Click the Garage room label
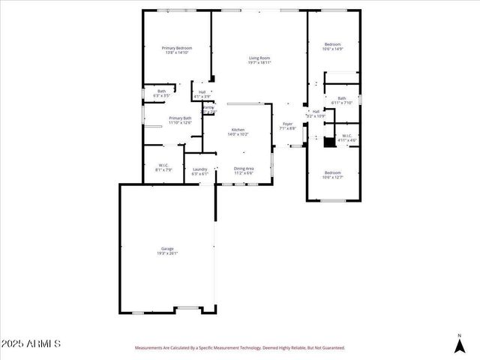coord(167,248)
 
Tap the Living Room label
coord(259,58)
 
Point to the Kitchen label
coord(238,130)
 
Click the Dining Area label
coord(244,169)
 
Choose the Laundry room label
coord(199,169)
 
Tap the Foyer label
coord(287,124)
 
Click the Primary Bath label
coord(180,118)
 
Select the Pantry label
coord(208,108)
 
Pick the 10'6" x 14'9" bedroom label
coord(332,44)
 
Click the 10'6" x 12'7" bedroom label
coord(332,172)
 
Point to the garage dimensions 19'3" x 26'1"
coord(167,253)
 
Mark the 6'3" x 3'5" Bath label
coord(162,93)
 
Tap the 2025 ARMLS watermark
coord(31,343)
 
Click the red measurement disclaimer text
coord(240,348)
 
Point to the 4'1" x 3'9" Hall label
coord(202,93)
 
